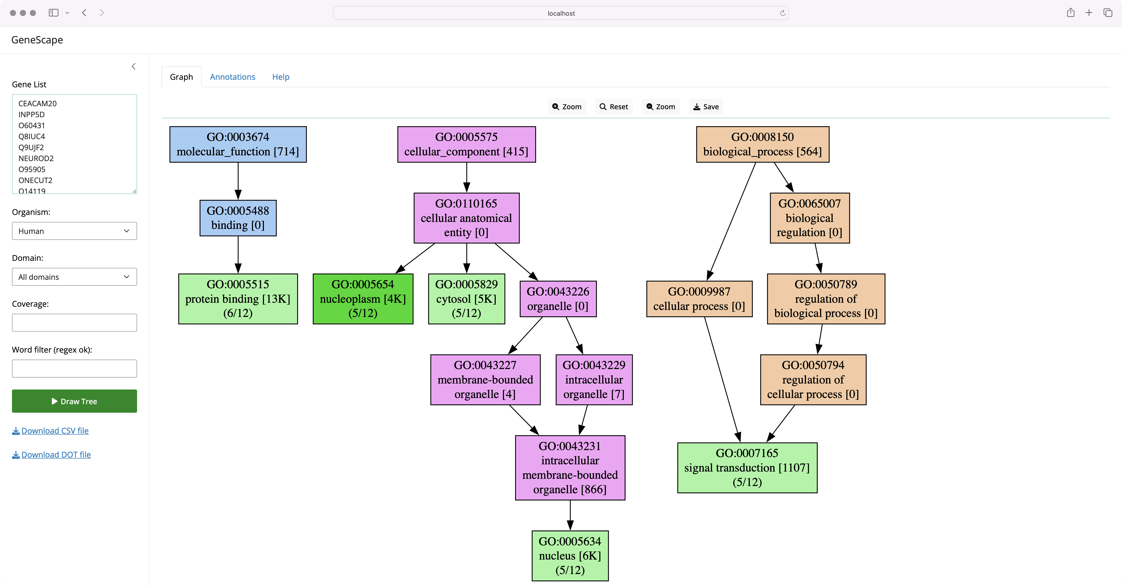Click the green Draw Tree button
click(74, 401)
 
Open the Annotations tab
click(232, 77)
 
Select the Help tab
click(281, 77)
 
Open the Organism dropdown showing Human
click(74, 231)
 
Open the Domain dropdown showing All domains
click(74, 277)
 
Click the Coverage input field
click(74, 323)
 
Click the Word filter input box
click(74, 368)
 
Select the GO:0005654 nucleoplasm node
click(363, 298)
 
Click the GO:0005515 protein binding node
click(238, 298)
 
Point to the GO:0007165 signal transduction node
click(747, 468)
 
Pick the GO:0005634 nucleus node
click(570, 556)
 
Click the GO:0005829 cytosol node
click(467, 298)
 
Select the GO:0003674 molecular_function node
click(238, 144)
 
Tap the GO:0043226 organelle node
click(558, 298)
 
